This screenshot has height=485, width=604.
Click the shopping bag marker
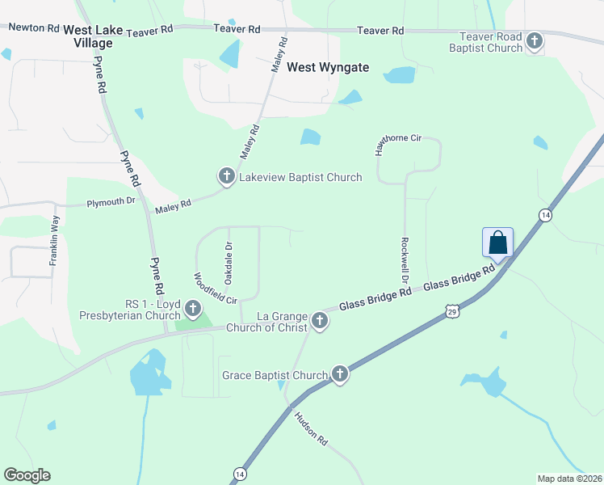pyautogui.click(x=498, y=242)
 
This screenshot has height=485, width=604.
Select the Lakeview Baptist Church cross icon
pyautogui.click(x=226, y=176)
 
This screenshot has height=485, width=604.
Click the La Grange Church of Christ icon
pyautogui.click(x=320, y=321)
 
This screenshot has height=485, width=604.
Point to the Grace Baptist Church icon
pyautogui.click(x=340, y=374)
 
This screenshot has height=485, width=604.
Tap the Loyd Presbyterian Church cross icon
pyautogui.click(x=192, y=308)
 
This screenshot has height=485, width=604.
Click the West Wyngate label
pyautogui.click(x=328, y=68)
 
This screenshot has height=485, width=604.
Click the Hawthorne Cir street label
pyautogui.click(x=397, y=145)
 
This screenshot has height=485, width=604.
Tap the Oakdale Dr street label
pyautogui.click(x=229, y=264)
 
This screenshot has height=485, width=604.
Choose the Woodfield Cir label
pyautogui.click(x=214, y=289)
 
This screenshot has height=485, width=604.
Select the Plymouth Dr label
pyautogui.click(x=111, y=202)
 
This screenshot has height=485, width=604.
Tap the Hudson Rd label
pyautogui.click(x=310, y=429)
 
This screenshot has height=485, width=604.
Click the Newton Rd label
pyautogui.click(x=31, y=27)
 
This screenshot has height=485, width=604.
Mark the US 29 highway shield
pyautogui.click(x=451, y=311)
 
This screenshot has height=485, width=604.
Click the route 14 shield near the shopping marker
pyautogui.click(x=547, y=214)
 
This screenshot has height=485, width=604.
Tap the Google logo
pyautogui.click(x=27, y=475)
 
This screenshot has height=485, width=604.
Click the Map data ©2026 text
pyautogui.click(x=569, y=478)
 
